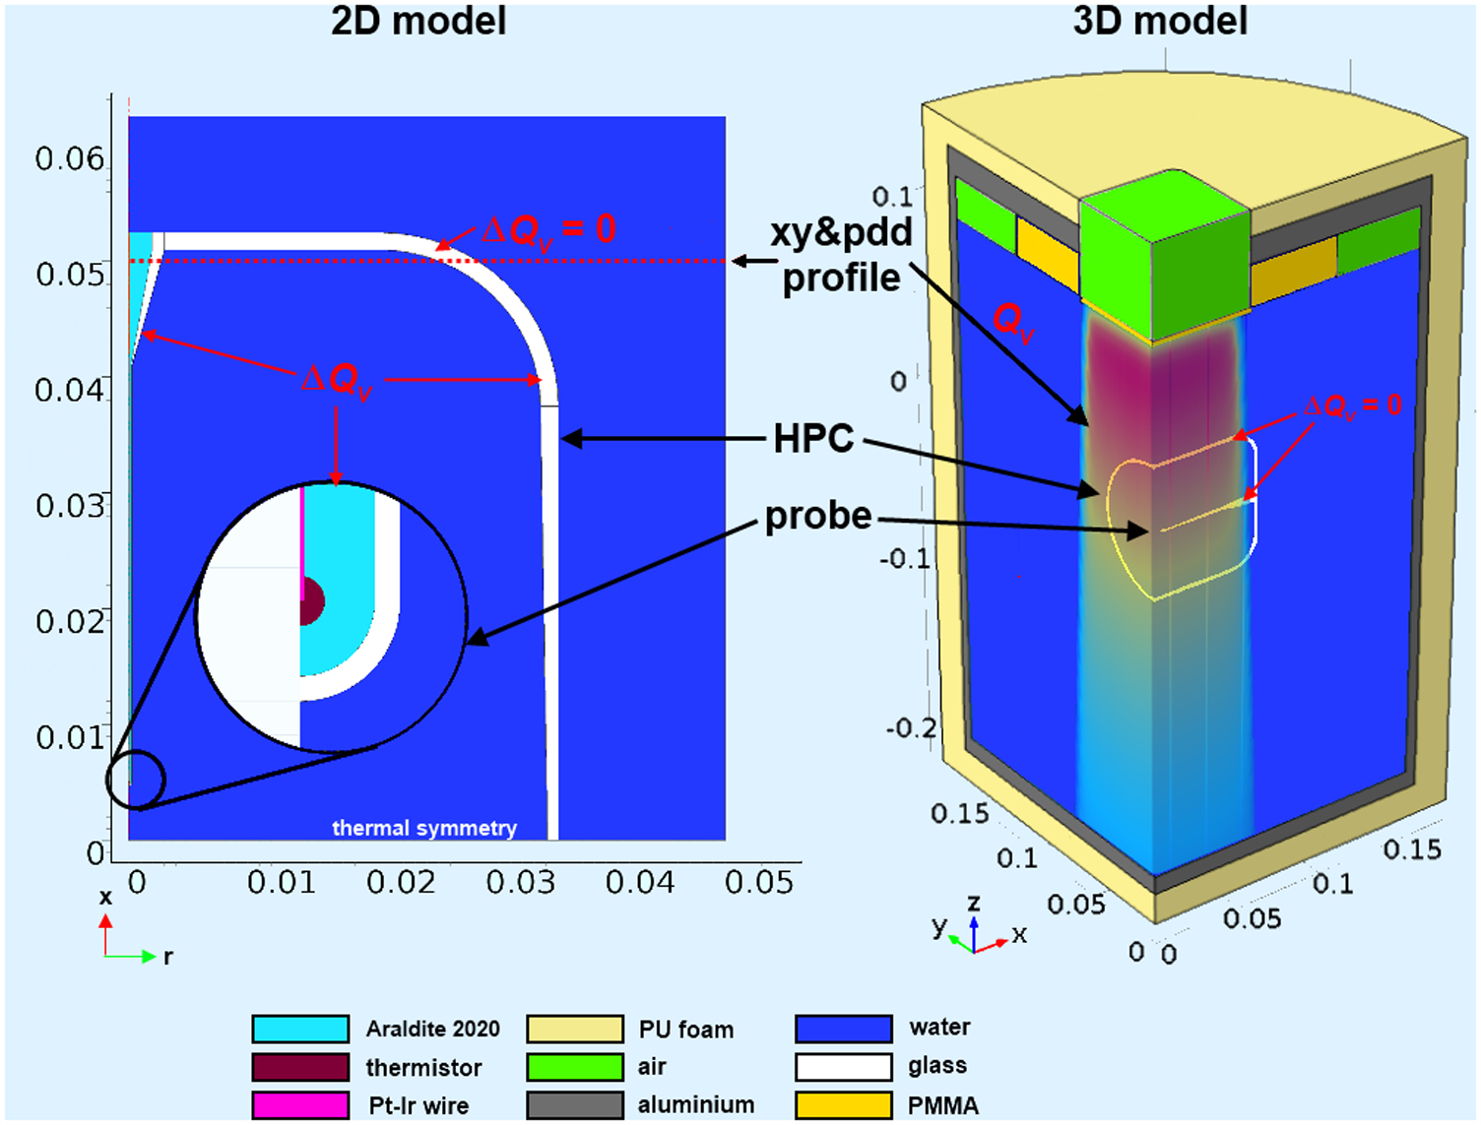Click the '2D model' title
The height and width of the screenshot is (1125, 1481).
[x=419, y=21]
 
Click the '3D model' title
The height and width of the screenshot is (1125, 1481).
[x=1159, y=21]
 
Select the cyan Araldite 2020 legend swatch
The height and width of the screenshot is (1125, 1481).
[x=300, y=1029]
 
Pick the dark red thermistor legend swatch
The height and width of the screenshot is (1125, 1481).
[x=300, y=1067]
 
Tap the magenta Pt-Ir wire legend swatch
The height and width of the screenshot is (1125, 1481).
[x=300, y=1105]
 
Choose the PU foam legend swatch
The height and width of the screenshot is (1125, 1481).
[x=575, y=1029]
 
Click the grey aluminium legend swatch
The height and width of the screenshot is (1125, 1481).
[x=575, y=1105]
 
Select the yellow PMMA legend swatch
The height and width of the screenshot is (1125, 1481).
[x=844, y=1105]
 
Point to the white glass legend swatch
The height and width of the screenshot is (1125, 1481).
[x=844, y=1067]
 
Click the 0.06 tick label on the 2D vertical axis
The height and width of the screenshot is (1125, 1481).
[x=69, y=158]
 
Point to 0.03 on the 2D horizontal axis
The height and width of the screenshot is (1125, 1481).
[x=520, y=883]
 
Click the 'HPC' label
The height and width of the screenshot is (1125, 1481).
[x=813, y=439]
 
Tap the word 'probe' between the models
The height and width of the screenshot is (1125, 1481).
[x=818, y=517]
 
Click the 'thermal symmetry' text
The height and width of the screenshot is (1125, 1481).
[x=424, y=828]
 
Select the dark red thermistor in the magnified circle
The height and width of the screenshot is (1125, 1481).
[x=312, y=601]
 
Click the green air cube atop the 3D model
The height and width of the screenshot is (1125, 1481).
[x=1165, y=256]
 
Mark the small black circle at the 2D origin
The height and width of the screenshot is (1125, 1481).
[x=136, y=781]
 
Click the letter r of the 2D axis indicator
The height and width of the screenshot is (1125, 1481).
[x=168, y=957]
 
